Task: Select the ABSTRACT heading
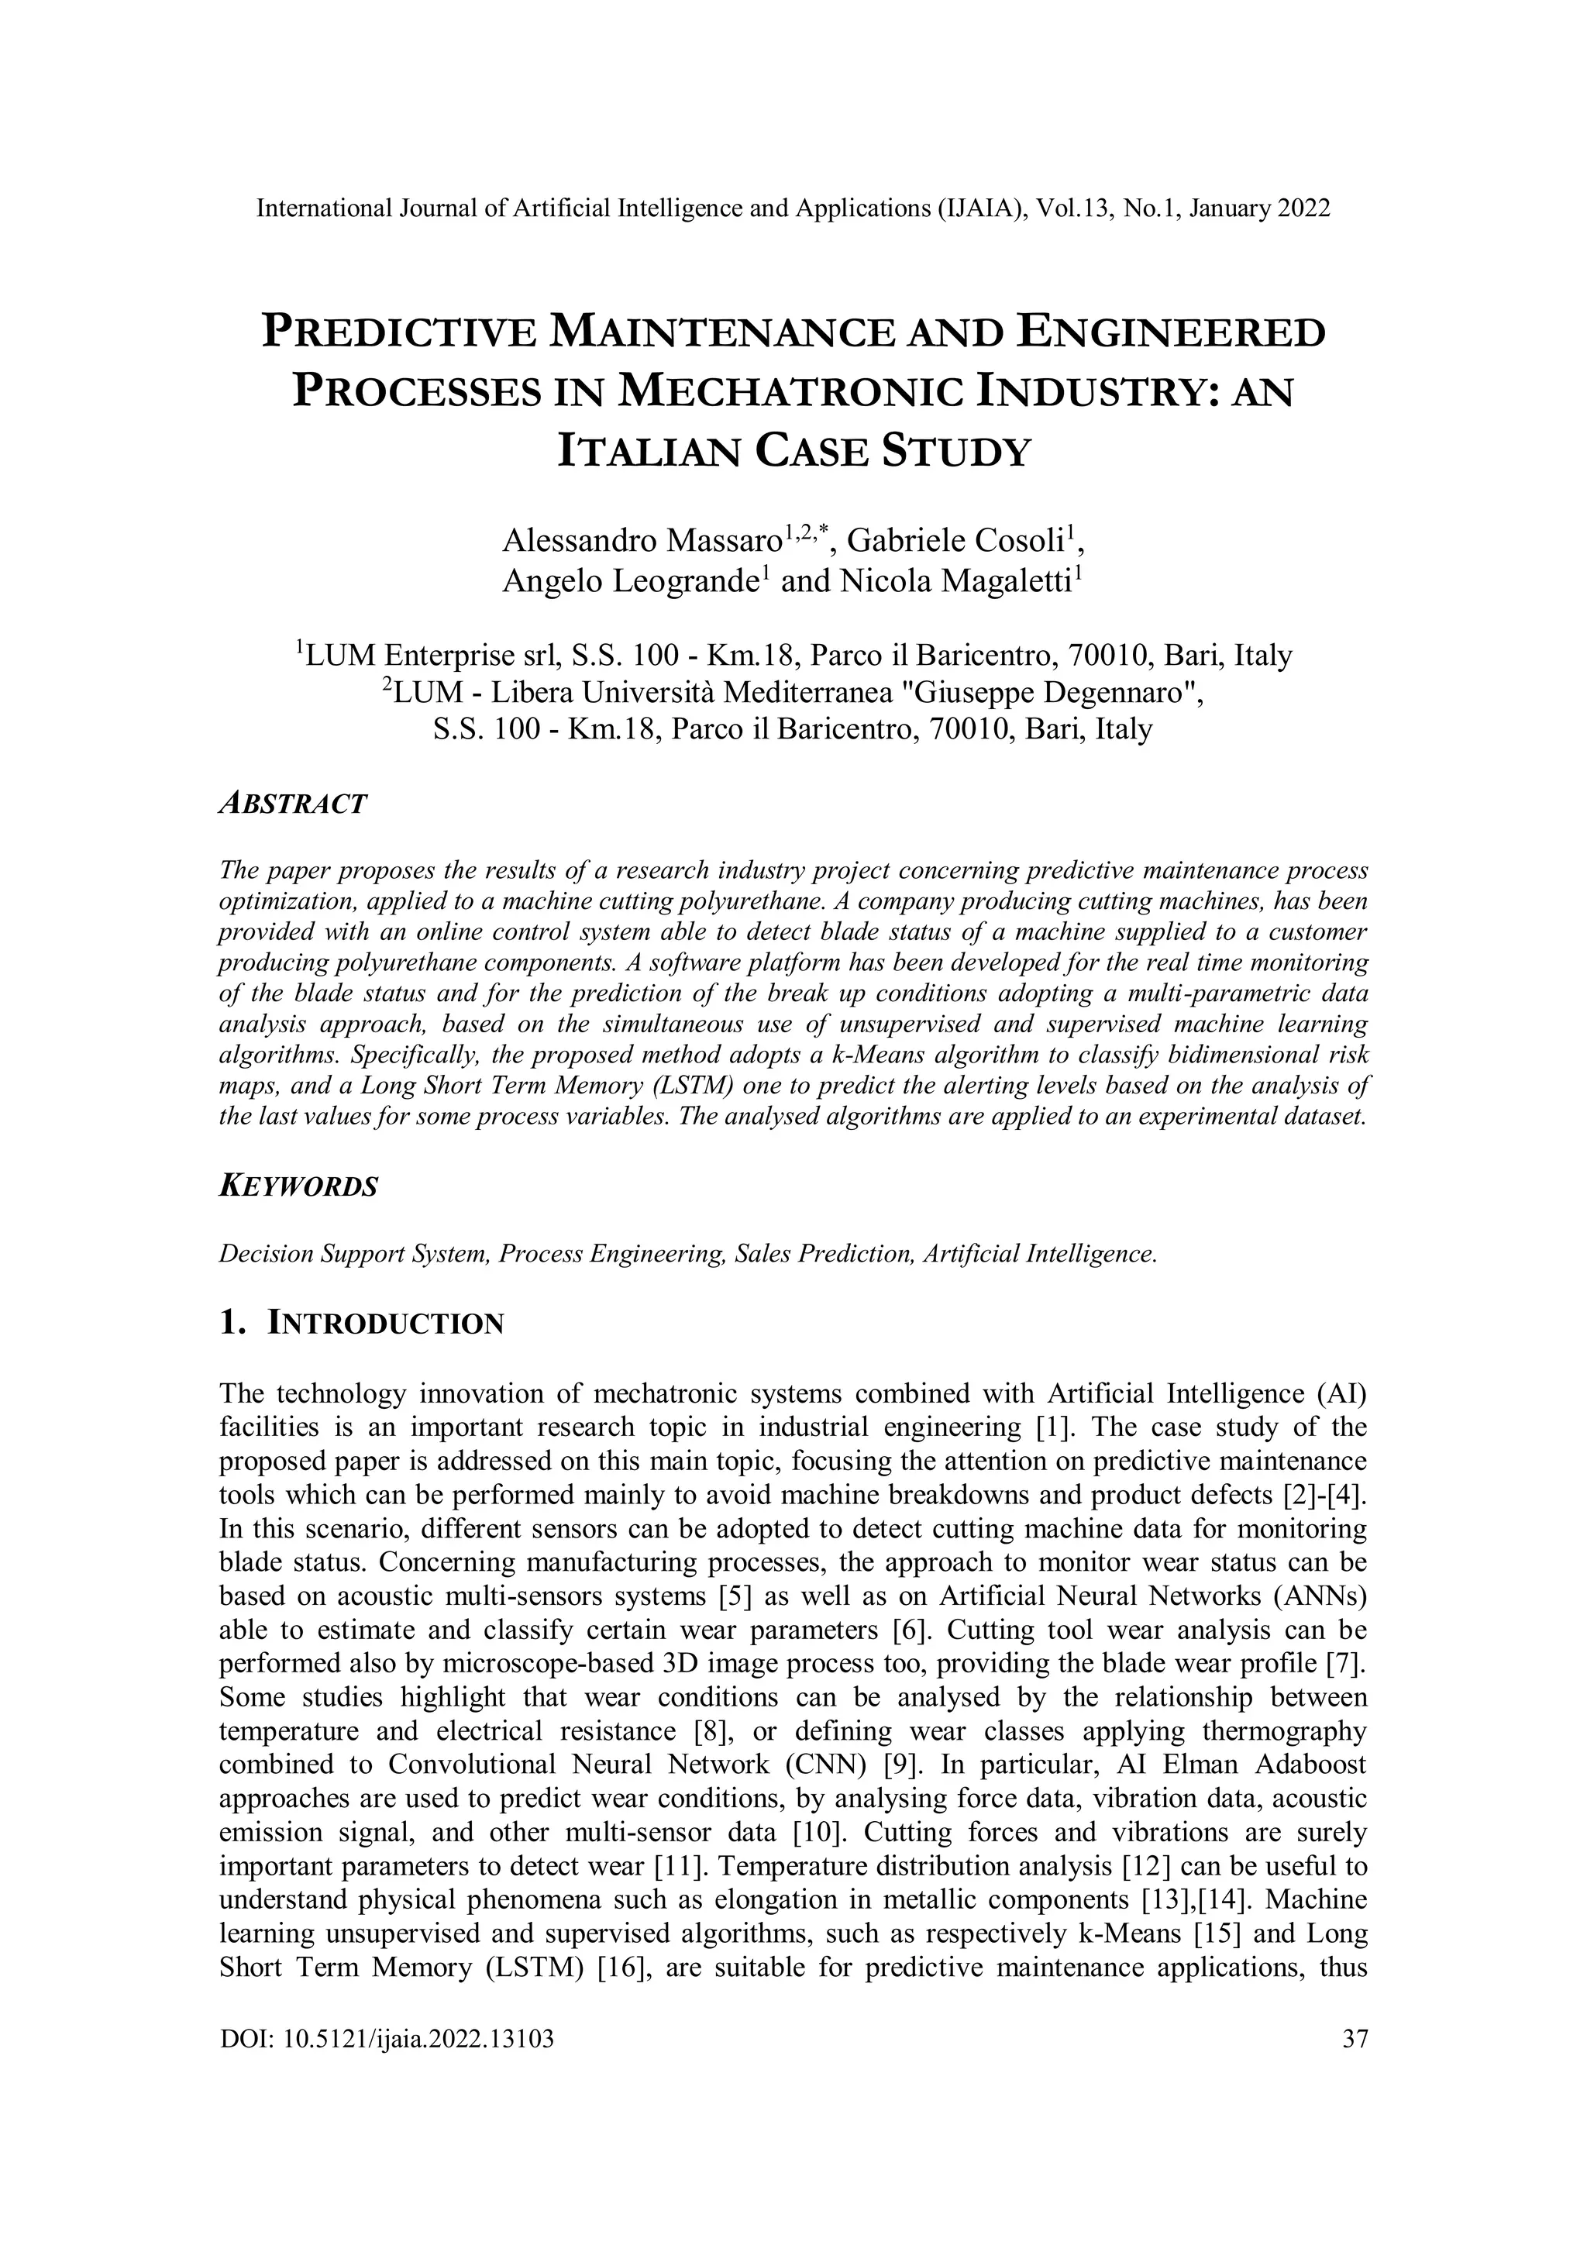(294, 804)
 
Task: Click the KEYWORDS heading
(298, 1187)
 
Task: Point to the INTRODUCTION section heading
(385, 1324)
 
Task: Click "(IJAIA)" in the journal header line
(967, 208)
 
